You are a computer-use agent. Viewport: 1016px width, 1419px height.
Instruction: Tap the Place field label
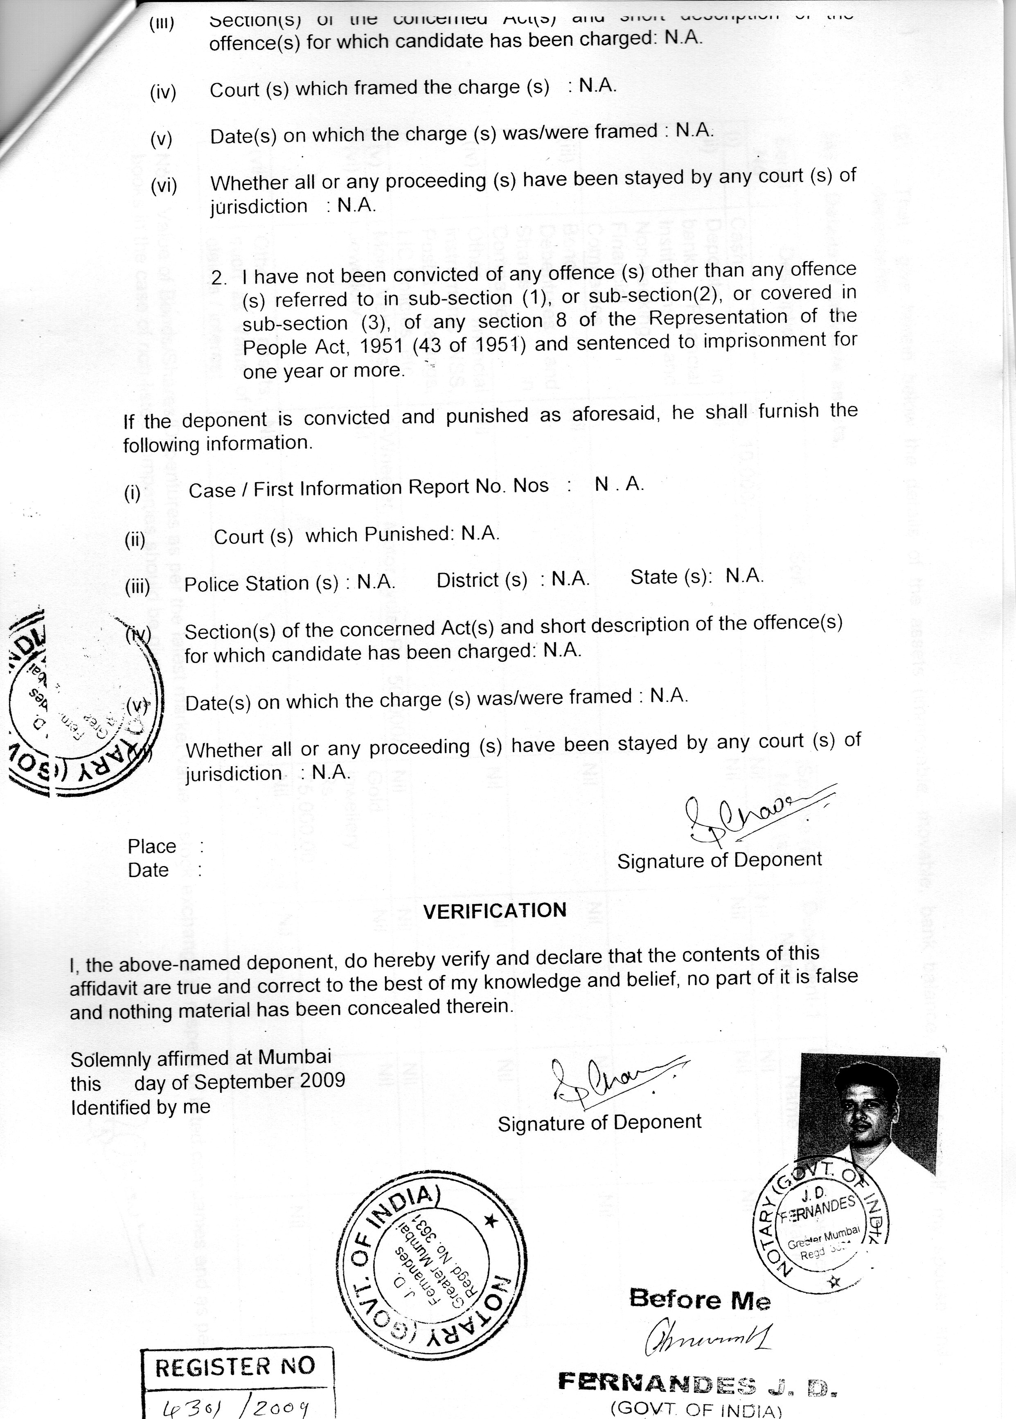click(152, 846)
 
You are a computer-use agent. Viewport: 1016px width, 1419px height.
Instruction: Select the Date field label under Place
click(148, 870)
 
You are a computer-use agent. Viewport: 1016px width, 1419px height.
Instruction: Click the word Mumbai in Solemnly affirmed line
click(294, 1057)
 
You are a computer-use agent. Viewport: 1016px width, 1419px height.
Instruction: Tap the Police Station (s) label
click(261, 583)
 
